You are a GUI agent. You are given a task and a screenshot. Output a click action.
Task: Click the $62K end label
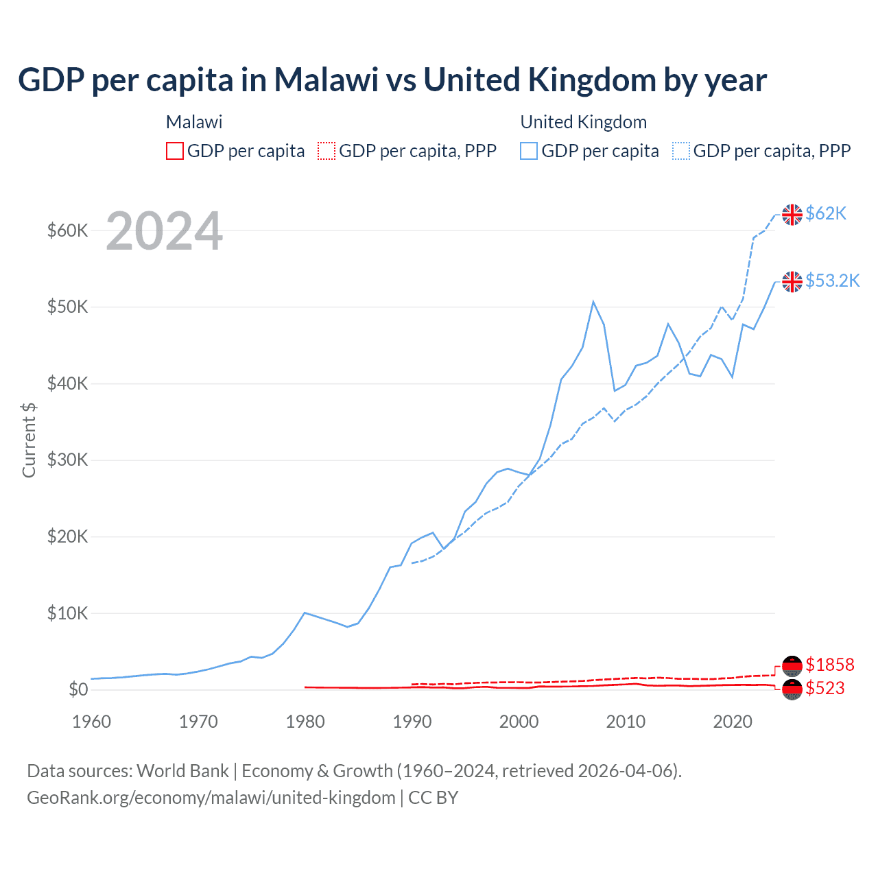coord(826,214)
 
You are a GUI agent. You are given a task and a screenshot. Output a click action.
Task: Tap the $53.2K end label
coord(832,281)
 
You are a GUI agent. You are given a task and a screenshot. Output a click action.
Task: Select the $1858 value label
coord(829,665)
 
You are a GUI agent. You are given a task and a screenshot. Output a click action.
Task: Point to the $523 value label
coord(824,688)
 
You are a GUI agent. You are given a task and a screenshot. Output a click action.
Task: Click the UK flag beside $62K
coord(792,215)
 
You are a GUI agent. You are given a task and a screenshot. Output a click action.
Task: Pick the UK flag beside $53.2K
coord(792,281)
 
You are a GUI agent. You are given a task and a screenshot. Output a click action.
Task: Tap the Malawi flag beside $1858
coord(792,665)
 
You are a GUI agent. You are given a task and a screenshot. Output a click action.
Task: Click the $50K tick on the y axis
coord(67,307)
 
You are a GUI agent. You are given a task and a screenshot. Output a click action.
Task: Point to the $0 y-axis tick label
coord(78,689)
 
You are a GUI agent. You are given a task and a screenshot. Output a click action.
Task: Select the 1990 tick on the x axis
coord(412,722)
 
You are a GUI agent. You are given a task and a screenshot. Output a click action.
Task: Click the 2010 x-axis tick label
coord(626,722)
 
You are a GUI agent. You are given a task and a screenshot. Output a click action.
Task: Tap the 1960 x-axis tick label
coord(92,722)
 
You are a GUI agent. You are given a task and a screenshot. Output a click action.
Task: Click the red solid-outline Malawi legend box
coord(175,151)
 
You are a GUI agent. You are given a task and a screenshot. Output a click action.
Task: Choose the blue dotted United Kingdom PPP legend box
coord(681,151)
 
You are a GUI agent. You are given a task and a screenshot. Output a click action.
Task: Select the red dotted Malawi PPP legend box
coord(327,151)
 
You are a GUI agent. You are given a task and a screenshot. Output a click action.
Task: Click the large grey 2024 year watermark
coord(164,232)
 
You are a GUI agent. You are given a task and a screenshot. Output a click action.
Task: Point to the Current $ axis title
coord(29,440)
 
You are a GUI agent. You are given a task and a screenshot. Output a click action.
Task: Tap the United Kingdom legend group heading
coord(583,122)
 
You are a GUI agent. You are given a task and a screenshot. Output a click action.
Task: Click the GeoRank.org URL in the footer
coord(211,798)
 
